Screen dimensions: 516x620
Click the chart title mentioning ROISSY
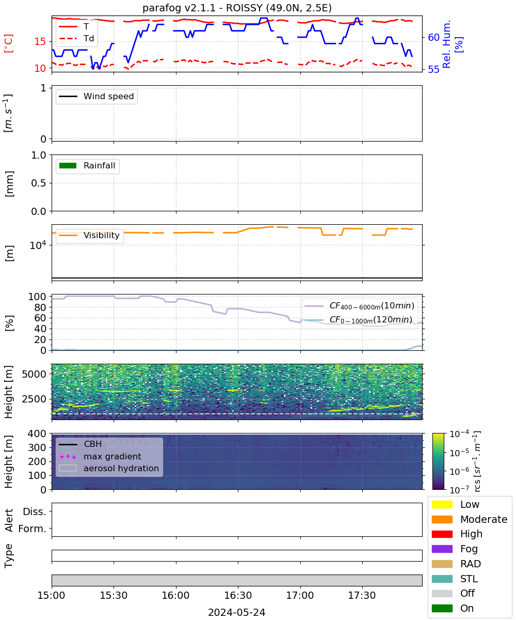(x=237, y=8)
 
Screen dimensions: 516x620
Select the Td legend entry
(x=76, y=38)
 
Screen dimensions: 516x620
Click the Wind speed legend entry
(x=96, y=96)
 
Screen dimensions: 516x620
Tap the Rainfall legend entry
(x=87, y=166)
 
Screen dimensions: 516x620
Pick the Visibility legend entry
(x=89, y=235)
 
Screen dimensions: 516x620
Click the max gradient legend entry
(x=101, y=456)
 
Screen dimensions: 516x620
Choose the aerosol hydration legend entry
(x=109, y=468)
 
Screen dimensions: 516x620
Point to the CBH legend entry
(x=80, y=444)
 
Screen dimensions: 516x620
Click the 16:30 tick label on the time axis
(x=238, y=595)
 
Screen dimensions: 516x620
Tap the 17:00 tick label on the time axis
(x=300, y=595)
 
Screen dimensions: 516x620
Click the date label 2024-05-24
(x=237, y=612)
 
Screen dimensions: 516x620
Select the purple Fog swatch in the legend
(x=442, y=549)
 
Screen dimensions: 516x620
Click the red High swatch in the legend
(x=442, y=534)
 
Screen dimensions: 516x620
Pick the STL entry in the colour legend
(x=455, y=579)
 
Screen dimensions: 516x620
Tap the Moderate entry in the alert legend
(x=470, y=519)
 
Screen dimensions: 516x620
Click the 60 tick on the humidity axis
(x=433, y=37)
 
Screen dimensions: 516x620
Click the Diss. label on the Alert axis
(x=35, y=512)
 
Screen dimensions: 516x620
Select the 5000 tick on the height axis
(x=34, y=374)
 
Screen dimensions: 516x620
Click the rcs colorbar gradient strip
(x=438, y=461)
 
